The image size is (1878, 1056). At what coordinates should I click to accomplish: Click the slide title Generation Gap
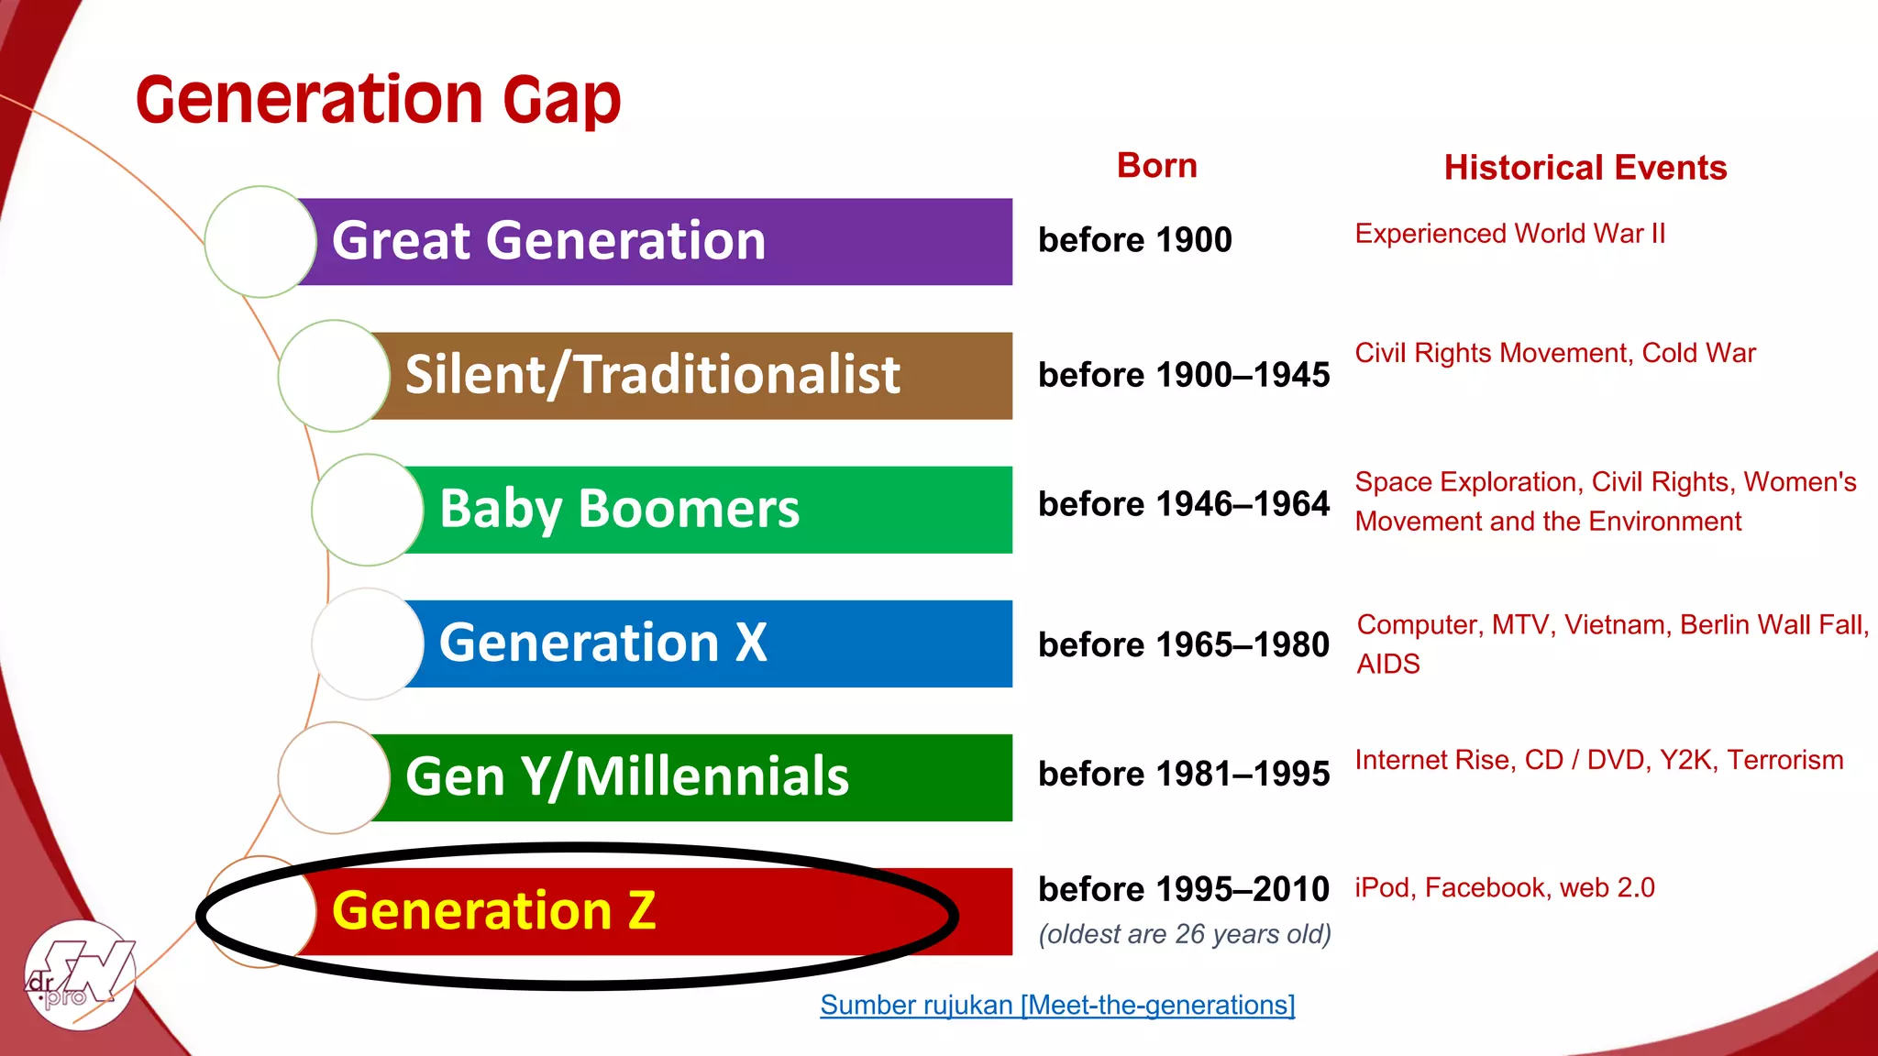378,100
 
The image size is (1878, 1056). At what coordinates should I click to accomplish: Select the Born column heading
1156,166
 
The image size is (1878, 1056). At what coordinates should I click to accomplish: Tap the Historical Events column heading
1585,168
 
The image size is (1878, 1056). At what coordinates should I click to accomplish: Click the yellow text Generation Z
493,910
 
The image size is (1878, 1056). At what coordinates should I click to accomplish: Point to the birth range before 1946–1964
1183,504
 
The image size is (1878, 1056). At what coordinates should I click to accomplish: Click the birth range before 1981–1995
1183,774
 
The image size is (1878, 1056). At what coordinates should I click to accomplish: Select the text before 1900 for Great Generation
1134,240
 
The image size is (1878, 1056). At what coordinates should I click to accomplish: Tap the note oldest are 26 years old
1184,934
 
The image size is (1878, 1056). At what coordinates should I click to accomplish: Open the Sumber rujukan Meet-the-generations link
1057,1005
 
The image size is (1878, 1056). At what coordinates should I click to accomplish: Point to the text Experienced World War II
1509,234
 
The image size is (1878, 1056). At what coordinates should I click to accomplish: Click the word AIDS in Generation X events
1387,664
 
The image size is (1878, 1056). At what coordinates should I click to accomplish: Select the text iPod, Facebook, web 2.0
1504,887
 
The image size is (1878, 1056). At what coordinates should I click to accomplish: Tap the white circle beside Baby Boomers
367,510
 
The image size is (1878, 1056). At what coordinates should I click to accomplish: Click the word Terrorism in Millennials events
1784,760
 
